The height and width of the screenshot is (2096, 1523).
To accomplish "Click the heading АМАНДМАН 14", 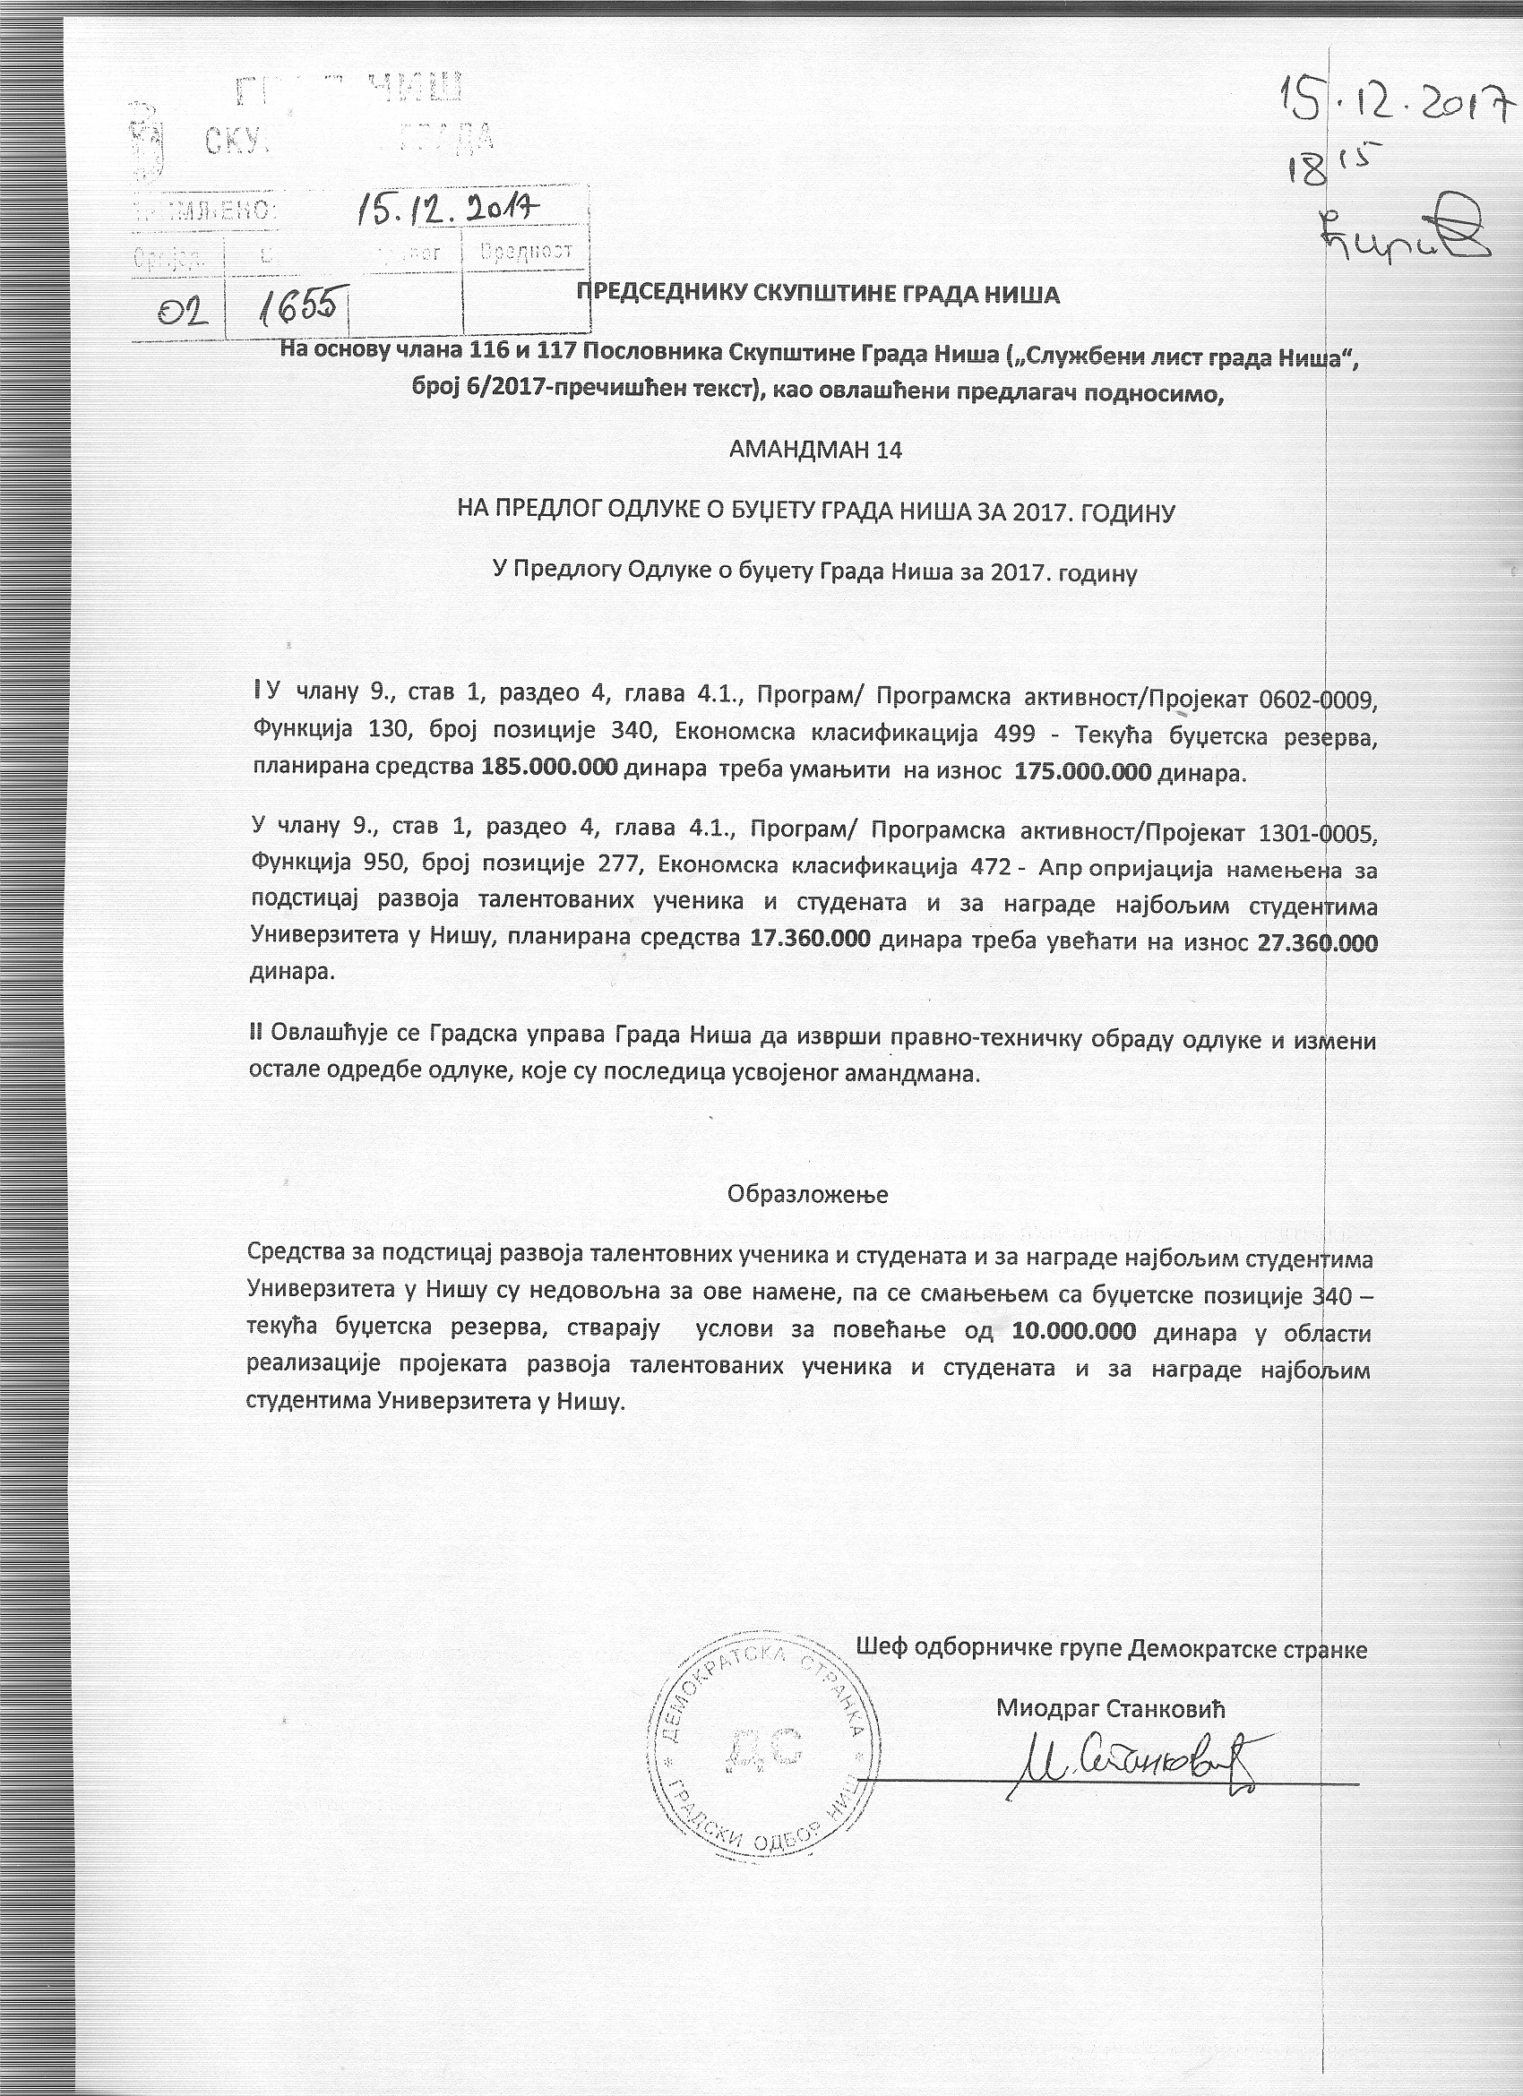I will coord(814,450).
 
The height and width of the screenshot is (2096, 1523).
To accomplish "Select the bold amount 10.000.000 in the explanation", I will coord(1082,1333).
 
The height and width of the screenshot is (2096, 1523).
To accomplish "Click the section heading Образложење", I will coord(808,1194).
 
